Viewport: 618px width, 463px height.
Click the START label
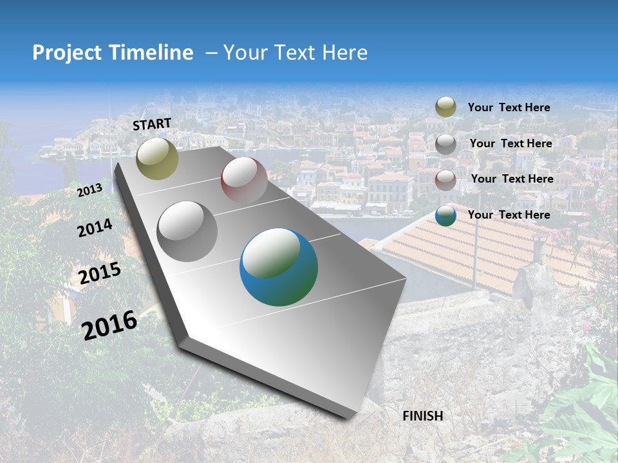tap(152, 124)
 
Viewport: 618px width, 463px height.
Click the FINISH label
tap(423, 416)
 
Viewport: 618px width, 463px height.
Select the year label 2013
tap(89, 190)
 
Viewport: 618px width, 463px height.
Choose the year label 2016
tap(109, 325)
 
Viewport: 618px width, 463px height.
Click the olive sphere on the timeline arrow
tap(157, 159)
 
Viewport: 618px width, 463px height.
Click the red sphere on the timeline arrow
tap(244, 181)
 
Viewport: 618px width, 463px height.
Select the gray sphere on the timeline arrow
tap(187, 232)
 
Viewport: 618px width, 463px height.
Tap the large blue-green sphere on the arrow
tap(279, 267)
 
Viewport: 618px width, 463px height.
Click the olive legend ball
tap(445, 107)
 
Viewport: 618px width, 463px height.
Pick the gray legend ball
tap(445, 144)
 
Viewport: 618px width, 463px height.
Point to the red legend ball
tap(445, 180)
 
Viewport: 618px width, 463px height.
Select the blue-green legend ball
tap(445, 215)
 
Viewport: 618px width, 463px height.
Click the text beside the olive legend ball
tap(509, 107)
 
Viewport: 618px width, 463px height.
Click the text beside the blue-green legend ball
tap(509, 215)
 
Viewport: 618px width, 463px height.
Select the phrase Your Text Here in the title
tap(295, 53)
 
